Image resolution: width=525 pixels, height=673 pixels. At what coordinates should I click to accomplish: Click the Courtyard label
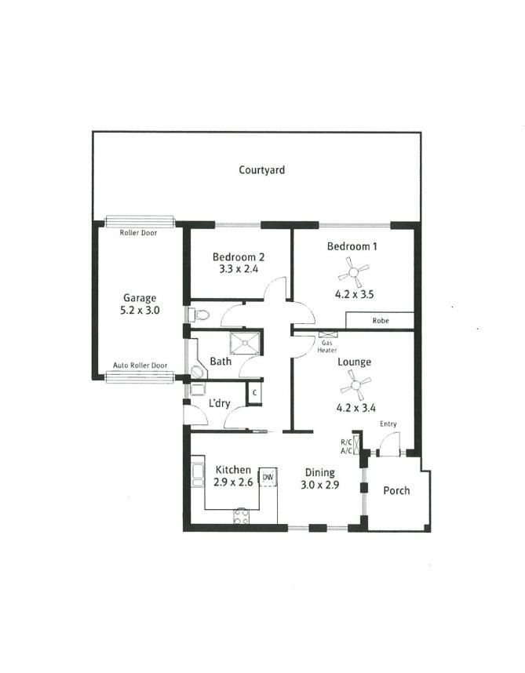[x=261, y=170]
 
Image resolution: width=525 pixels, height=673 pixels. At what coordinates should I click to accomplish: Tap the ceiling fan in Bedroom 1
[x=353, y=272]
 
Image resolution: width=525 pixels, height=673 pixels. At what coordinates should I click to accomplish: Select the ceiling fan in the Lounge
[x=355, y=385]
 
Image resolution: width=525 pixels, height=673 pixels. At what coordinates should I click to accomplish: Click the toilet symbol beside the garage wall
[x=199, y=315]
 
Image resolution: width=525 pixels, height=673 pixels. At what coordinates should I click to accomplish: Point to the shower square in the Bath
[x=245, y=343]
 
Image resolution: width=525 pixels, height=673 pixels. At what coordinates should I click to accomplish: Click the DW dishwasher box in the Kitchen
[x=268, y=477]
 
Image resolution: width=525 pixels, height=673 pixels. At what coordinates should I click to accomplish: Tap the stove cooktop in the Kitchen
[x=241, y=516]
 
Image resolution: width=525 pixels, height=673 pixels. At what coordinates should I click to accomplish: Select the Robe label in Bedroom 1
[x=381, y=321]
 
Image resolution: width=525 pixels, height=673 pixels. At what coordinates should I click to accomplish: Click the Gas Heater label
[x=327, y=347]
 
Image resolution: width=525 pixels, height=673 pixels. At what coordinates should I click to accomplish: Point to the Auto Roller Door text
[x=140, y=366]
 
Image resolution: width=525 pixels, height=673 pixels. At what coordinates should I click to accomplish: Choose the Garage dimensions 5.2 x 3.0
[x=140, y=311]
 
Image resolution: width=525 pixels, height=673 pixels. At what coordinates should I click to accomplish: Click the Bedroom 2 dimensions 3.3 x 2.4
[x=239, y=269]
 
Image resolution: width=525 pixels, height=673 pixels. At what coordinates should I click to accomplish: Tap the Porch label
[x=396, y=490]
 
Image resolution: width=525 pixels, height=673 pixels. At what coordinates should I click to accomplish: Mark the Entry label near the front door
[x=388, y=424]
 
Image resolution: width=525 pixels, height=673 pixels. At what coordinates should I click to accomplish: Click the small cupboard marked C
[x=254, y=393]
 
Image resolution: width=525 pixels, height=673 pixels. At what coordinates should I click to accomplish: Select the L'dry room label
[x=220, y=403]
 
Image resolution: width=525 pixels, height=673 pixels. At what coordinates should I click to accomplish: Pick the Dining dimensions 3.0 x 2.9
[x=320, y=485]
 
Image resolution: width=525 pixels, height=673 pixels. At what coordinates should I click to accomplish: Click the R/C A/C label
[x=346, y=446]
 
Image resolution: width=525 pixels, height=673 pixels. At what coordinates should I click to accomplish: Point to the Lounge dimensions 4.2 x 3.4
[x=355, y=408]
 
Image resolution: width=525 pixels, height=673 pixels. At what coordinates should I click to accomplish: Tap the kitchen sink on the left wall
[x=198, y=475]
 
